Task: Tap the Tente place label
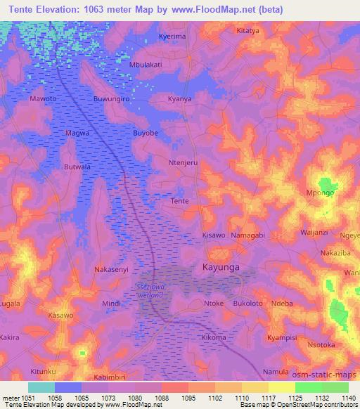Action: (180, 201)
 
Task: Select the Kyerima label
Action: (172, 35)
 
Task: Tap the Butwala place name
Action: (78, 167)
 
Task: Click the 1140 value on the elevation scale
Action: (348, 397)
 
